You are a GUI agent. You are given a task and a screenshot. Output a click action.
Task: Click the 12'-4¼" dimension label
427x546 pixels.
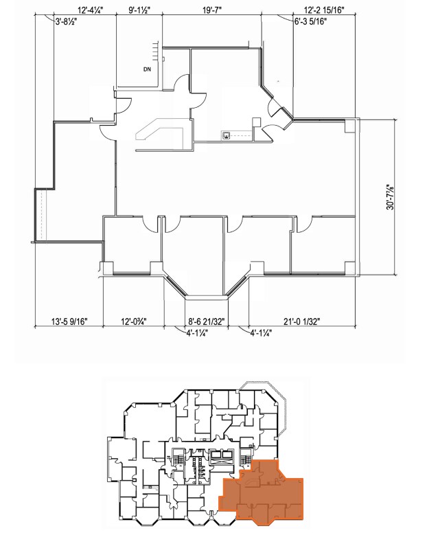pyautogui.click(x=91, y=10)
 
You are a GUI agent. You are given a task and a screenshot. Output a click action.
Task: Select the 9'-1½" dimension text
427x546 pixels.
pyautogui.click(x=140, y=10)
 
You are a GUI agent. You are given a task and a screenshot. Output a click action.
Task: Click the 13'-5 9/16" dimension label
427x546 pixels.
pyautogui.click(x=69, y=321)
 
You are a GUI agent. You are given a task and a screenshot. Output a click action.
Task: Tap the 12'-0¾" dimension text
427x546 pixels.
pyautogui.click(x=134, y=321)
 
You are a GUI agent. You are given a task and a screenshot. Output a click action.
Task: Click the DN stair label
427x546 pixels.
pyautogui.click(x=147, y=69)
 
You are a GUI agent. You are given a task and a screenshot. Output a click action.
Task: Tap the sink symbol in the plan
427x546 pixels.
pyautogui.click(x=225, y=135)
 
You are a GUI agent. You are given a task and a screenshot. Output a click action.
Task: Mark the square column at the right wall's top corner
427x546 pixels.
pyautogui.click(x=350, y=126)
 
